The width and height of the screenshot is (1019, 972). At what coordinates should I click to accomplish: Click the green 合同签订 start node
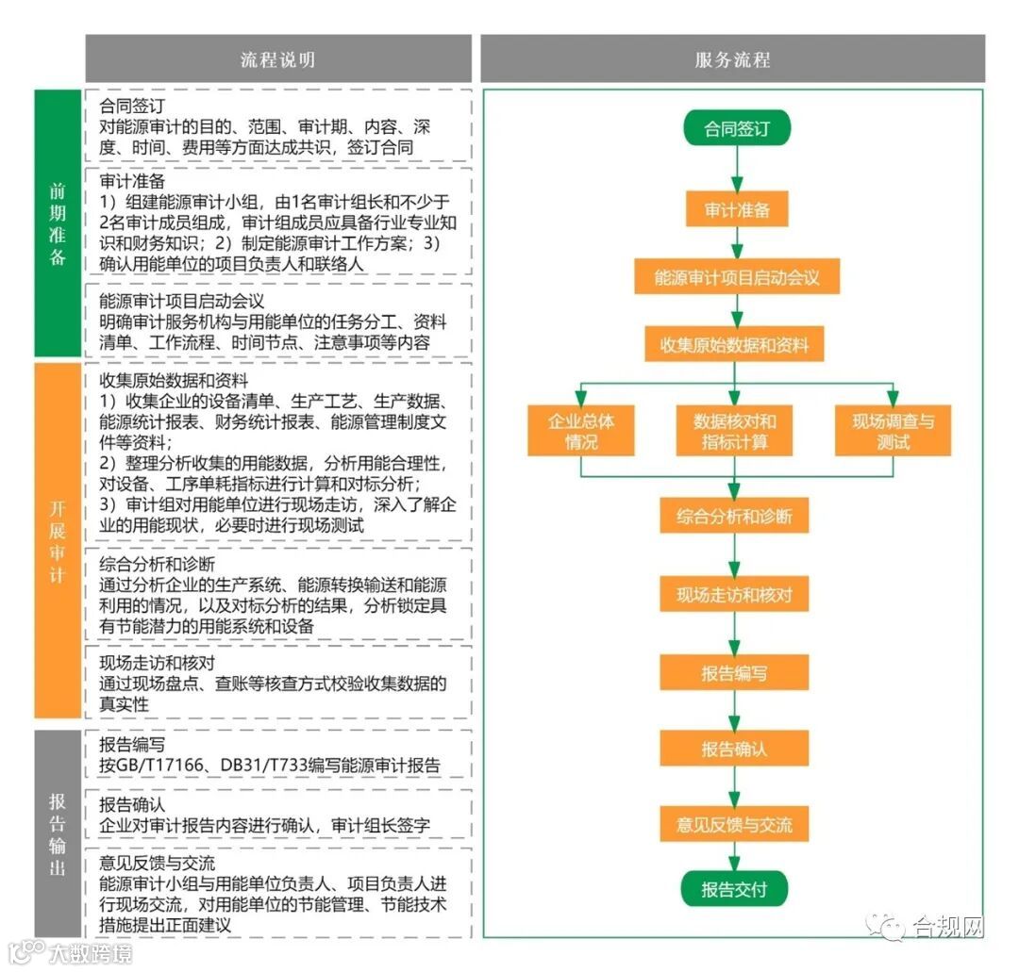(x=736, y=128)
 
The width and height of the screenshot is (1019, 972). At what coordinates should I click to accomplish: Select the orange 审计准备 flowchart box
(x=736, y=209)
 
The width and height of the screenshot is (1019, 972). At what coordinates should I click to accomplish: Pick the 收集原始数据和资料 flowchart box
(x=734, y=345)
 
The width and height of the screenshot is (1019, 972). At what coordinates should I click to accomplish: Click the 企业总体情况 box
(x=580, y=430)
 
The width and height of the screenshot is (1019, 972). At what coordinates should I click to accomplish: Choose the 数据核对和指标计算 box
(x=734, y=430)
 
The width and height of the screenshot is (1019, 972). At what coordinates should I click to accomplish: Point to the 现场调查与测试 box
(x=892, y=430)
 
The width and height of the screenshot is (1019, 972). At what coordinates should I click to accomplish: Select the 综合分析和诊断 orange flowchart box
(x=734, y=516)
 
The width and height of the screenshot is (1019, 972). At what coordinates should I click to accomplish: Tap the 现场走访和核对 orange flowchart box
(x=734, y=595)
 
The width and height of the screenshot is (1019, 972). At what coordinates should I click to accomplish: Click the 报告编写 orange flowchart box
(x=734, y=673)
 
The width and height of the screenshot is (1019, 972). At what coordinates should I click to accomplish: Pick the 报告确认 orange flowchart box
(x=734, y=749)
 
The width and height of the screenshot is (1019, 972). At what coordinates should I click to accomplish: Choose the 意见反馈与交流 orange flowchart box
(x=734, y=825)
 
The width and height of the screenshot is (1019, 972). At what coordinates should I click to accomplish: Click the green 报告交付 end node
(x=734, y=889)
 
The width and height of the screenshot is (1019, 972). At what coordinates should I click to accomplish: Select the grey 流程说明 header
(x=277, y=59)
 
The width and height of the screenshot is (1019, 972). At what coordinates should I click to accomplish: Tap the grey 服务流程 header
(x=732, y=59)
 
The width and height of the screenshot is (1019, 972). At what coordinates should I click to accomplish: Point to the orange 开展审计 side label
(x=58, y=539)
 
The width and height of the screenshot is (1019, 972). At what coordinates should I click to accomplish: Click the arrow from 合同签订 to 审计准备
(x=736, y=169)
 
